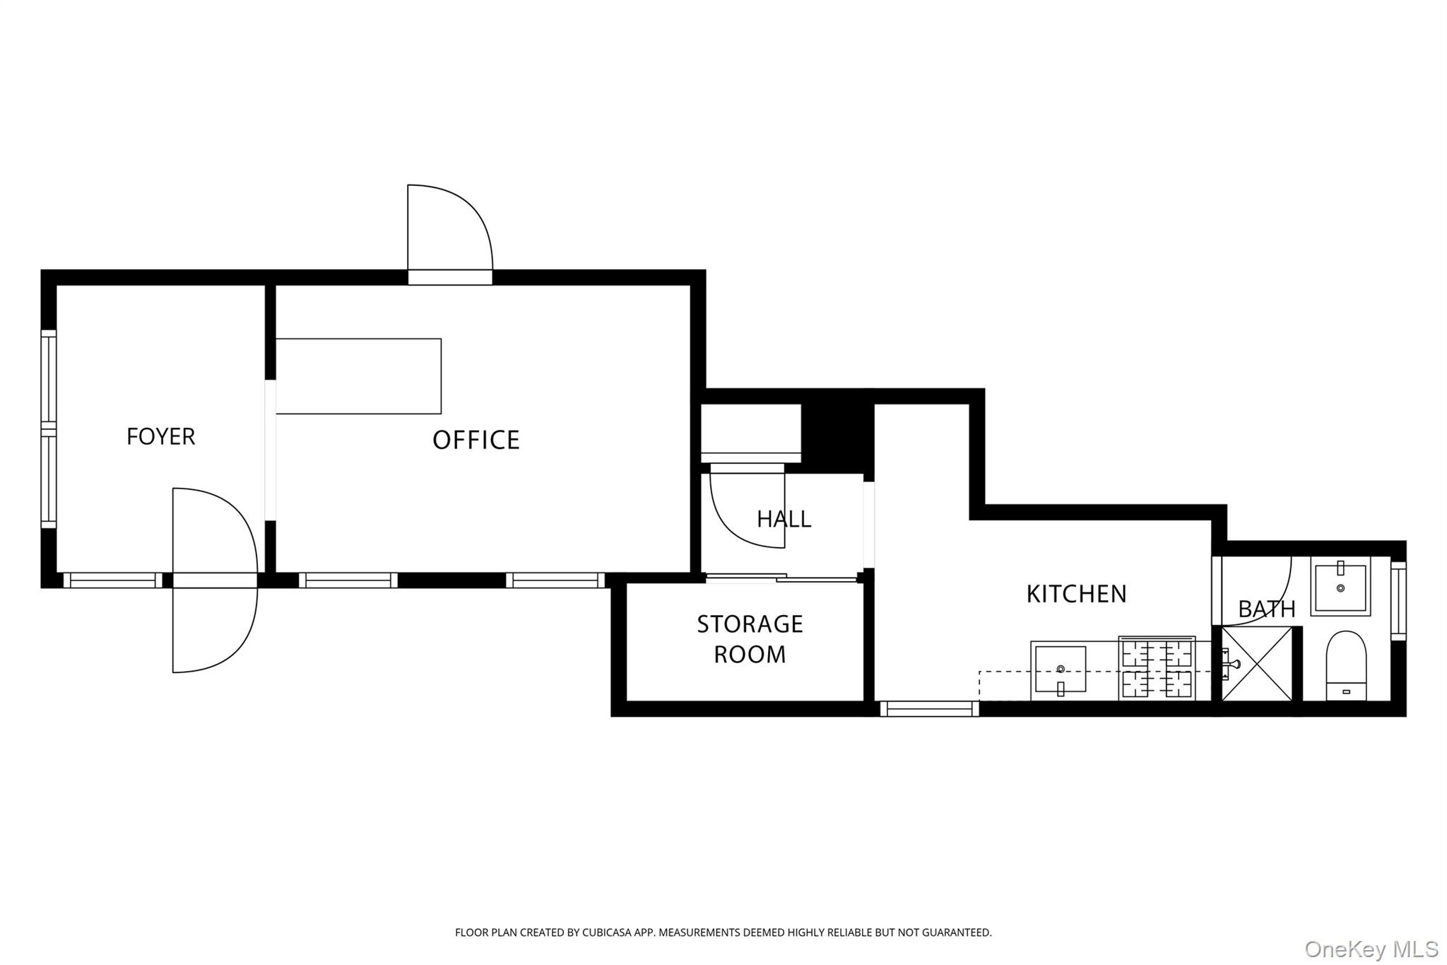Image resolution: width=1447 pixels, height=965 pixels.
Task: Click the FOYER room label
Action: point(160,436)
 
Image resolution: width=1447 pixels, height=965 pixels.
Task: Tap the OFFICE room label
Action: point(476,440)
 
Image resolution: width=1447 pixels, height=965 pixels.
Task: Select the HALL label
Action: point(784,519)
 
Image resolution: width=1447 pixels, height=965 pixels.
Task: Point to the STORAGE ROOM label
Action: point(750,639)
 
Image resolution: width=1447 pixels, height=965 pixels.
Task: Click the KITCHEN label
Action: point(1075,594)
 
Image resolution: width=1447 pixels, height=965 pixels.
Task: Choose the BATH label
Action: point(1266,609)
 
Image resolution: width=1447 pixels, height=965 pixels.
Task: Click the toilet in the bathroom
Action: point(1346,665)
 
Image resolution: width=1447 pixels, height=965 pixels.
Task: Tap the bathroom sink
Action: point(1340,586)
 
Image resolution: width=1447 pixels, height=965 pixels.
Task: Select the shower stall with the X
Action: point(1257,664)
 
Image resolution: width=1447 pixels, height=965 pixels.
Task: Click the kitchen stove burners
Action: point(1157,669)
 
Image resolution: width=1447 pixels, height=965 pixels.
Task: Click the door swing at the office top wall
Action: point(449,230)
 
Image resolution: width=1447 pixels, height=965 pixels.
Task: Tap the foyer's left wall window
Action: point(48,428)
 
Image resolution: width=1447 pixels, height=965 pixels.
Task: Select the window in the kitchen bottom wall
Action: point(929,708)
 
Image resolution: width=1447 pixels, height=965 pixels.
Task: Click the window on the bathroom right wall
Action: point(1398,600)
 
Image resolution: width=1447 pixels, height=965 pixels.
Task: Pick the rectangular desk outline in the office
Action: point(358,376)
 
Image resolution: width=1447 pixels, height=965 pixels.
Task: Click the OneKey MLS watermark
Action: point(1371,949)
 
